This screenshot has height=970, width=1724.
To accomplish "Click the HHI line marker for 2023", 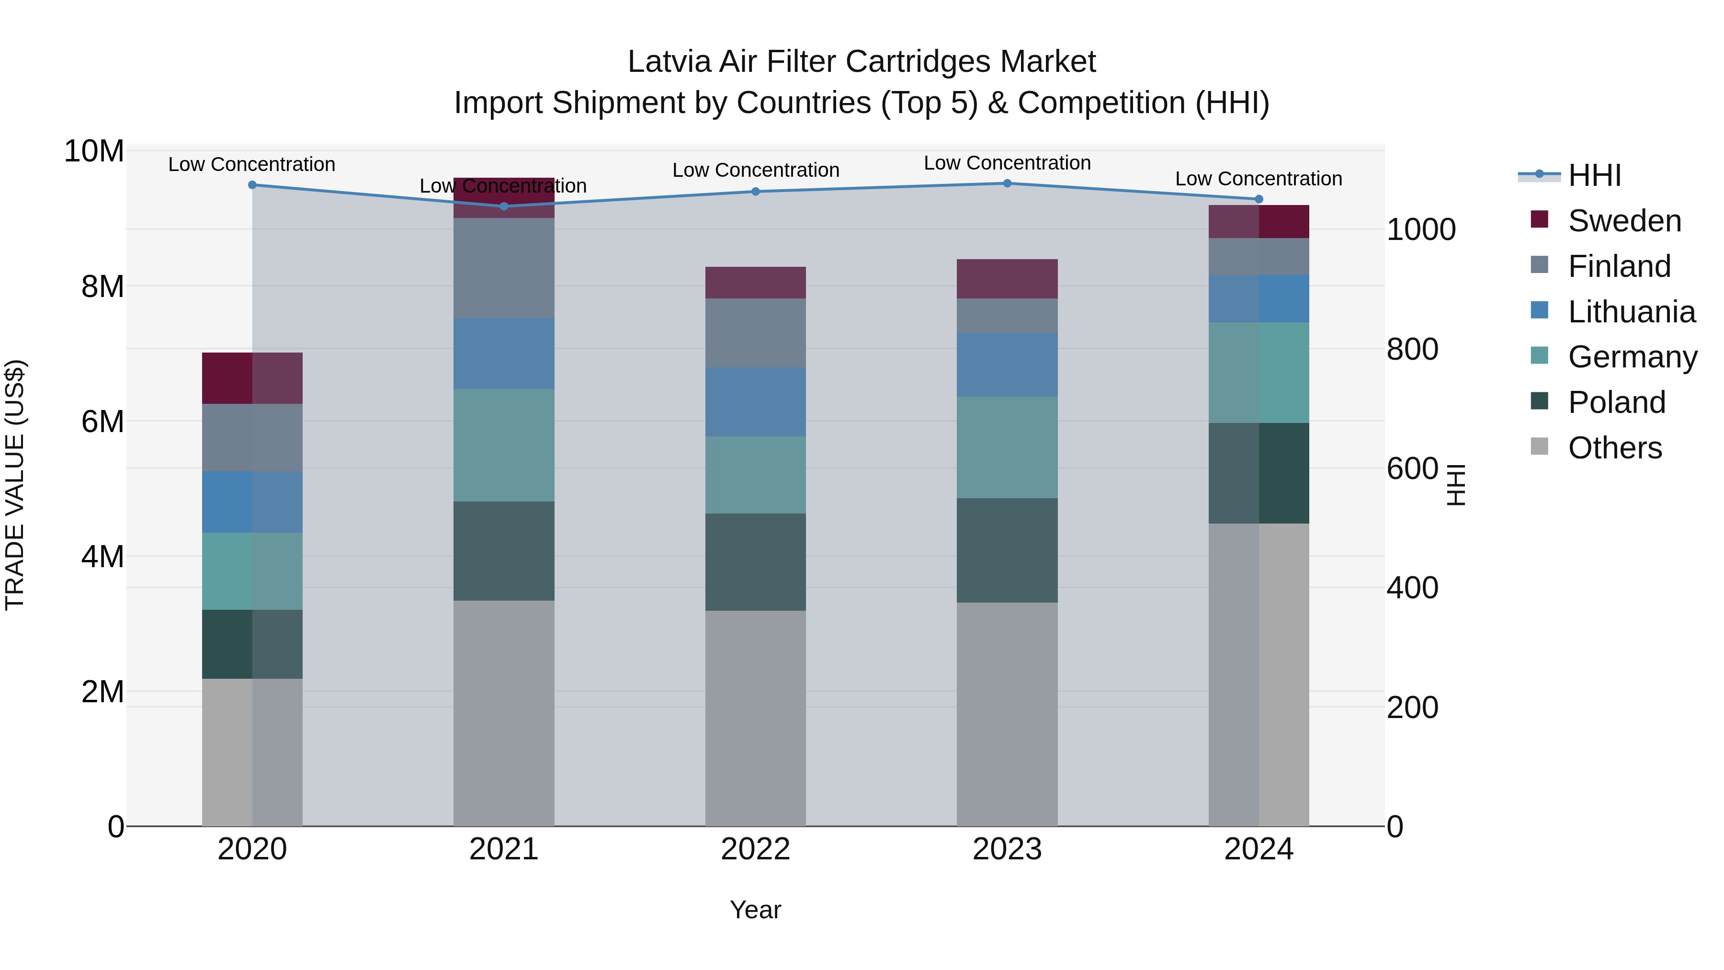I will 1007,183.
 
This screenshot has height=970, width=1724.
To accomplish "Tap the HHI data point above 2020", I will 252,185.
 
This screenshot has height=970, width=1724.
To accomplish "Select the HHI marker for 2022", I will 756,192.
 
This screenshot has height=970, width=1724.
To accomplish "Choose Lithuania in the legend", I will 1631,312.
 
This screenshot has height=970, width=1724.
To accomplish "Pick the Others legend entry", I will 1614,448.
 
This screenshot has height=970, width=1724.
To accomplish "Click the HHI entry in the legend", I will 1594,175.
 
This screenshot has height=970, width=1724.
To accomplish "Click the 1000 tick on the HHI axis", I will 1421,229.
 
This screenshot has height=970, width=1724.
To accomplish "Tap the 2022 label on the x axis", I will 756,849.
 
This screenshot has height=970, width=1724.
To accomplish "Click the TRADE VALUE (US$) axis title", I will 15,485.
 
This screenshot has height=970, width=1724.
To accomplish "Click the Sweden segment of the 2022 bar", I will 756,283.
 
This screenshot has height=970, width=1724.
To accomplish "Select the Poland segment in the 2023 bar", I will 1007,550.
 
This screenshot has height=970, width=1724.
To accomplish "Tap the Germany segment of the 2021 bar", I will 504,445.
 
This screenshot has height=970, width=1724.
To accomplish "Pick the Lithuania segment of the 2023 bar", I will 1007,365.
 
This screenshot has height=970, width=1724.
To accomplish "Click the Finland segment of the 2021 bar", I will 504,268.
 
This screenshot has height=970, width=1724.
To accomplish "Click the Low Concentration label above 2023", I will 1007,163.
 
